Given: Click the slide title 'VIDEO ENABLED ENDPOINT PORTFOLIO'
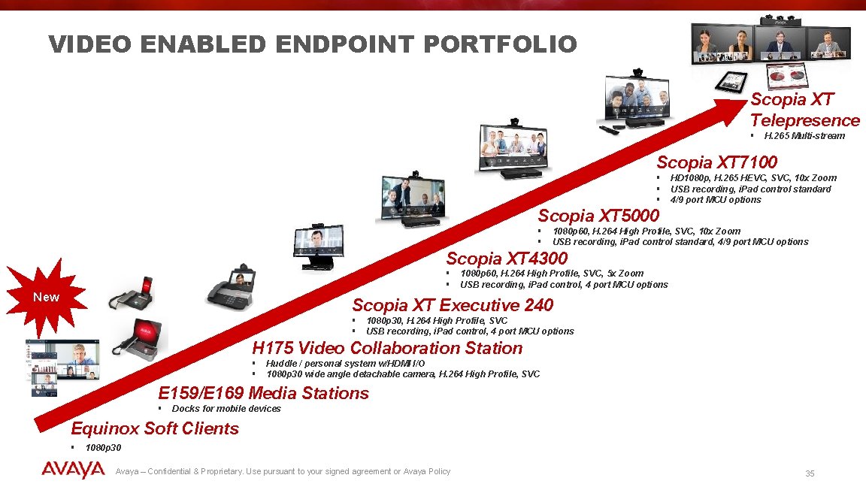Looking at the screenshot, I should tap(313, 44).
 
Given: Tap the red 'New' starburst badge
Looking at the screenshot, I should tap(46, 297).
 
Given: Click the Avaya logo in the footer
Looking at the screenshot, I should tap(73, 470).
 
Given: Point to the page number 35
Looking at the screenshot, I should tap(810, 473).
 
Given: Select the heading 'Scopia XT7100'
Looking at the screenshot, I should tap(716, 162).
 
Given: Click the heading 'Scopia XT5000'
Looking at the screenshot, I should tap(598, 216).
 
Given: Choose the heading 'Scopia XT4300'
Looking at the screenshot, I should tap(507, 259).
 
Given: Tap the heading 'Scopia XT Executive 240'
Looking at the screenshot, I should tap(453, 305).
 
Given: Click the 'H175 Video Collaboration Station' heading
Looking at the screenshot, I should tap(387, 348).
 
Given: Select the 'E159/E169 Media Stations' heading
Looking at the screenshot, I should tap(263, 393).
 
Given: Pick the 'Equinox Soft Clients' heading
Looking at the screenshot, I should tap(155, 428).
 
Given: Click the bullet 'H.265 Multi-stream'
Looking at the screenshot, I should tap(804, 136).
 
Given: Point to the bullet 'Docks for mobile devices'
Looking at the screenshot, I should tap(226, 409).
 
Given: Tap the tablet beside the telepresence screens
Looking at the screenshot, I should tap(731, 81).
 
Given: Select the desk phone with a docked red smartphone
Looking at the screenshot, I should tap(132, 293).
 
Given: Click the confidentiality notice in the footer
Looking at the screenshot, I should tap(283, 471).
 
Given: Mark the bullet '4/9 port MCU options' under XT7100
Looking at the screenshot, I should tap(715, 199).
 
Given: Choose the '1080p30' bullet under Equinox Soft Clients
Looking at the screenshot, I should tap(103, 447).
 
